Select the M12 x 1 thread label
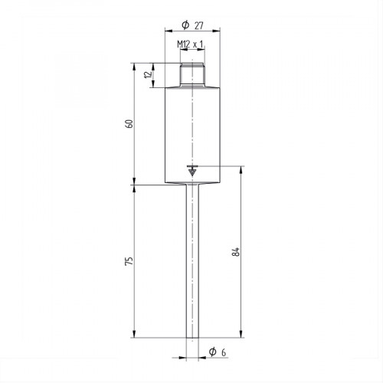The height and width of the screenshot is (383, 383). pos(191,44)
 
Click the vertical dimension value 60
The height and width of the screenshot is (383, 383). pos(129,123)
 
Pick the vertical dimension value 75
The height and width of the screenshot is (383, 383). pos(129,260)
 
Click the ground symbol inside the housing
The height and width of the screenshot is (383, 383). pos(191,170)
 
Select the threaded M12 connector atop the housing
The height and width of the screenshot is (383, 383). pos(191,75)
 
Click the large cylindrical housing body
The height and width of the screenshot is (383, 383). pos(191,130)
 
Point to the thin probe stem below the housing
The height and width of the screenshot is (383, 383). pos(191,260)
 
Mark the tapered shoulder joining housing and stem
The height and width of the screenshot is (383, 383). pos(191,185)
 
